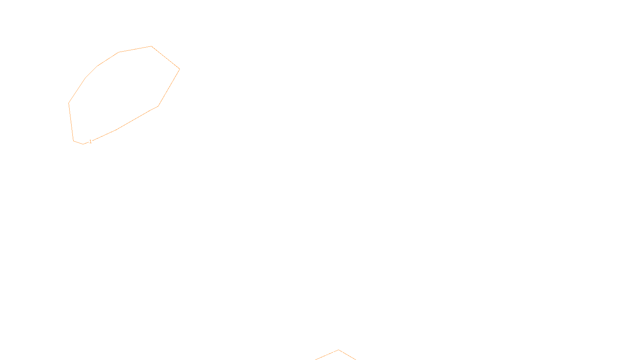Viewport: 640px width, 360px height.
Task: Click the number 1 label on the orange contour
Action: (90, 141)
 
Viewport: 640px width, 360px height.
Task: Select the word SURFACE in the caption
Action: (320, 354)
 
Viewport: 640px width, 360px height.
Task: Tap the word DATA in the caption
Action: (338, 354)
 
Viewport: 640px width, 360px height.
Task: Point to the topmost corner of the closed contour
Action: (151, 46)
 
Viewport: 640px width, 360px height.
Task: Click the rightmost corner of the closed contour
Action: (180, 69)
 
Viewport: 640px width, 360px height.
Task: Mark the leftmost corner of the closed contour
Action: (69, 103)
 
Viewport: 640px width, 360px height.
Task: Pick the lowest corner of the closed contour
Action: (83, 144)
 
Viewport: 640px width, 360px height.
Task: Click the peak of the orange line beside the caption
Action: (338, 350)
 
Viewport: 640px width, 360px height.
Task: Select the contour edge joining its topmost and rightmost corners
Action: (166, 58)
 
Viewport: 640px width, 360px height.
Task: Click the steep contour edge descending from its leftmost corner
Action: (71, 122)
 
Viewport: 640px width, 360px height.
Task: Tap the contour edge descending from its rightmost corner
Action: (169, 87)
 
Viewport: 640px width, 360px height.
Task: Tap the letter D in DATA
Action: (334, 354)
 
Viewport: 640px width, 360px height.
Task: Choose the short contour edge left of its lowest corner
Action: (78, 142)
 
